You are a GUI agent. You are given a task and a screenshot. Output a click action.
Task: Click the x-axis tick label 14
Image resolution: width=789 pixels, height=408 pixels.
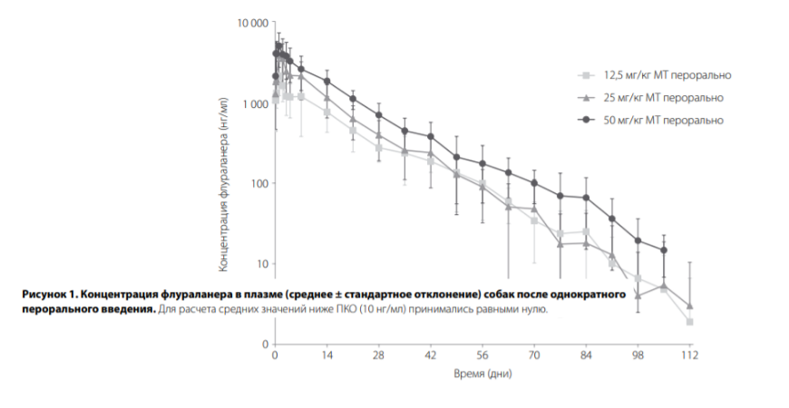[327, 356]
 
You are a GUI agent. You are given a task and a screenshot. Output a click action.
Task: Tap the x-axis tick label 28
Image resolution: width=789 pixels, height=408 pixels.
[379, 356]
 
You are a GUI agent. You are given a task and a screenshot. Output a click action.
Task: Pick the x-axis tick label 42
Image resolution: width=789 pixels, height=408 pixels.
[431, 356]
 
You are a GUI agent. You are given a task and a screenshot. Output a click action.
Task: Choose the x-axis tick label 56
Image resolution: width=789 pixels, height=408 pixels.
[482, 356]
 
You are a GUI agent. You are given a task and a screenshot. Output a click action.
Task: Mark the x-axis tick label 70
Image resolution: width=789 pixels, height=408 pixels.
[535, 356]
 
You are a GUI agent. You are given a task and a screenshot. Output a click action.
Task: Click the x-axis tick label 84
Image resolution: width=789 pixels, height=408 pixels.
[587, 356]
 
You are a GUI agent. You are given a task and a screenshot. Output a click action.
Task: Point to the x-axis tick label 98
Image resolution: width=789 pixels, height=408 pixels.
[638, 356]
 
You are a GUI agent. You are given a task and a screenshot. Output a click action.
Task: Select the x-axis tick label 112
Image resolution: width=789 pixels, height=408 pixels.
[690, 356]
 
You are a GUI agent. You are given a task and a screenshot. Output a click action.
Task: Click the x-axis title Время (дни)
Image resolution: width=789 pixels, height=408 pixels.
[482, 373]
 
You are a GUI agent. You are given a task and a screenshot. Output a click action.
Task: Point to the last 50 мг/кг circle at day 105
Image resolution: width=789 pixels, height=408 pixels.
[664, 250]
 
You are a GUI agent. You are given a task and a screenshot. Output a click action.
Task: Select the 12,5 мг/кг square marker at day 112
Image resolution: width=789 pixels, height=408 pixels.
[690, 322]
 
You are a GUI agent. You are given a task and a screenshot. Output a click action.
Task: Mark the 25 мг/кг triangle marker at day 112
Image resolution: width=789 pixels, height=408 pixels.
[690, 306]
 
